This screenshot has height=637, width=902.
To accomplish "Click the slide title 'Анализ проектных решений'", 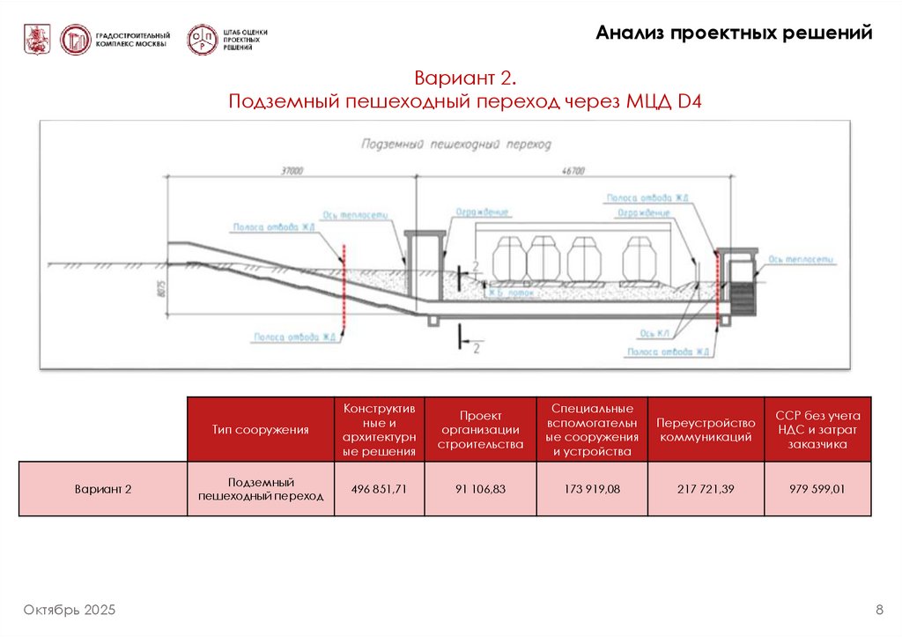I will pyautogui.click(x=734, y=33).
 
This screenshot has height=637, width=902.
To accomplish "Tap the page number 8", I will pyautogui.click(x=879, y=611).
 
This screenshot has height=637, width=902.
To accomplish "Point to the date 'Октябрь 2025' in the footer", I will pyautogui.click(x=70, y=611).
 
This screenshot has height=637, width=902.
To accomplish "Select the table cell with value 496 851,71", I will pyautogui.click(x=379, y=488).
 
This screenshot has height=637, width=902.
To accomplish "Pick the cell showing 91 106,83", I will pyautogui.click(x=480, y=488).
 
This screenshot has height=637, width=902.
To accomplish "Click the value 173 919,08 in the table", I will pyautogui.click(x=592, y=488).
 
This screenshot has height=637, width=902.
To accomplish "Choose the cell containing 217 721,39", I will pyautogui.click(x=706, y=488).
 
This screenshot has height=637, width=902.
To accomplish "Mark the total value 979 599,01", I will pyautogui.click(x=817, y=488).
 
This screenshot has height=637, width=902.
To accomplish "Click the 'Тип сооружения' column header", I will pyautogui.click(x=260, y=430).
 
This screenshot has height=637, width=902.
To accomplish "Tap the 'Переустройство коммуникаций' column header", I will pyautogui.click(x=706, y=430).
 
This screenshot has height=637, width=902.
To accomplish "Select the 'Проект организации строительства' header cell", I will pyautogui.click(x=480, y=430).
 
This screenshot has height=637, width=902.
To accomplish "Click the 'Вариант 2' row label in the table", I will pyautogui.click(x=103, y=488).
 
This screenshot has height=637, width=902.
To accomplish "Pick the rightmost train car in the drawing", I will pyautogui.click(x=641, y=258).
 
